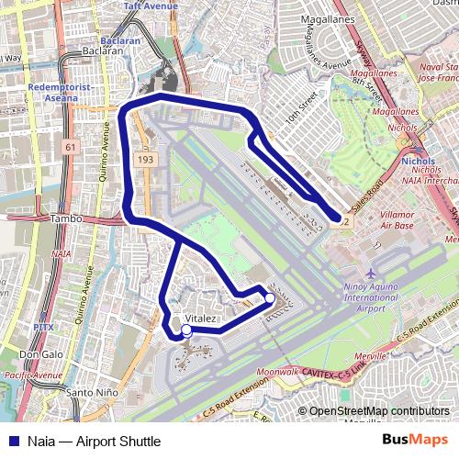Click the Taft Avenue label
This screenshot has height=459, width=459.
pos(151,5)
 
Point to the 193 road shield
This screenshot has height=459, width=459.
pos(146,159)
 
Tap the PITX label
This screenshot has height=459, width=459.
pos(43,327)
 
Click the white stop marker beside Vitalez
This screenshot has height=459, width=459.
pos(186,330)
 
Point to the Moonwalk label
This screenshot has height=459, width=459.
pos(278,372)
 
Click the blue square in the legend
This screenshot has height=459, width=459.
pos(11,442)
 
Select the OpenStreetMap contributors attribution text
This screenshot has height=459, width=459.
pos(379,411)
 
